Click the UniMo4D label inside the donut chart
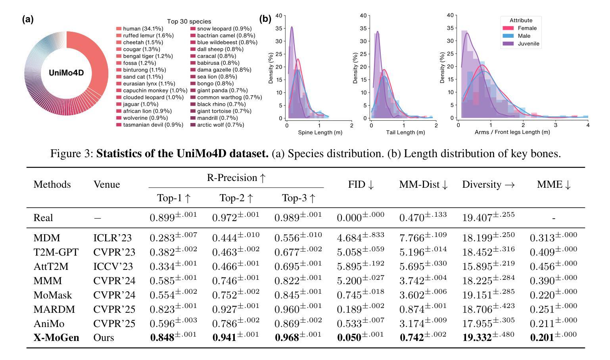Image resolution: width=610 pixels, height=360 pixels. tap(66, 73)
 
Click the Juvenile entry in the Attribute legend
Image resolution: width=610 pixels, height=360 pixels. tap(528, 44)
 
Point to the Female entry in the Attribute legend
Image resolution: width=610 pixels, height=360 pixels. tap(527, 28)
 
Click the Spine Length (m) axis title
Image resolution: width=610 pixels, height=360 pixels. tap(320, 133)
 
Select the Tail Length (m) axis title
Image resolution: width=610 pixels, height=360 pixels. tap(405, 133)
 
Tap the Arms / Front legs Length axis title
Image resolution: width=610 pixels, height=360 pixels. tap(512, 132)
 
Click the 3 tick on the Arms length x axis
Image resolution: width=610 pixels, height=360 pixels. tap(555, 125)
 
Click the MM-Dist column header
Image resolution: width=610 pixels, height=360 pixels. tap(423, 185)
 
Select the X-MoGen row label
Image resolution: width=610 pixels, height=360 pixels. tap(56, 338)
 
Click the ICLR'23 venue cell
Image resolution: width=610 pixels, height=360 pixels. tap(113, 238)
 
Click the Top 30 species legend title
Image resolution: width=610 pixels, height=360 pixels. tap(189, 21)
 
